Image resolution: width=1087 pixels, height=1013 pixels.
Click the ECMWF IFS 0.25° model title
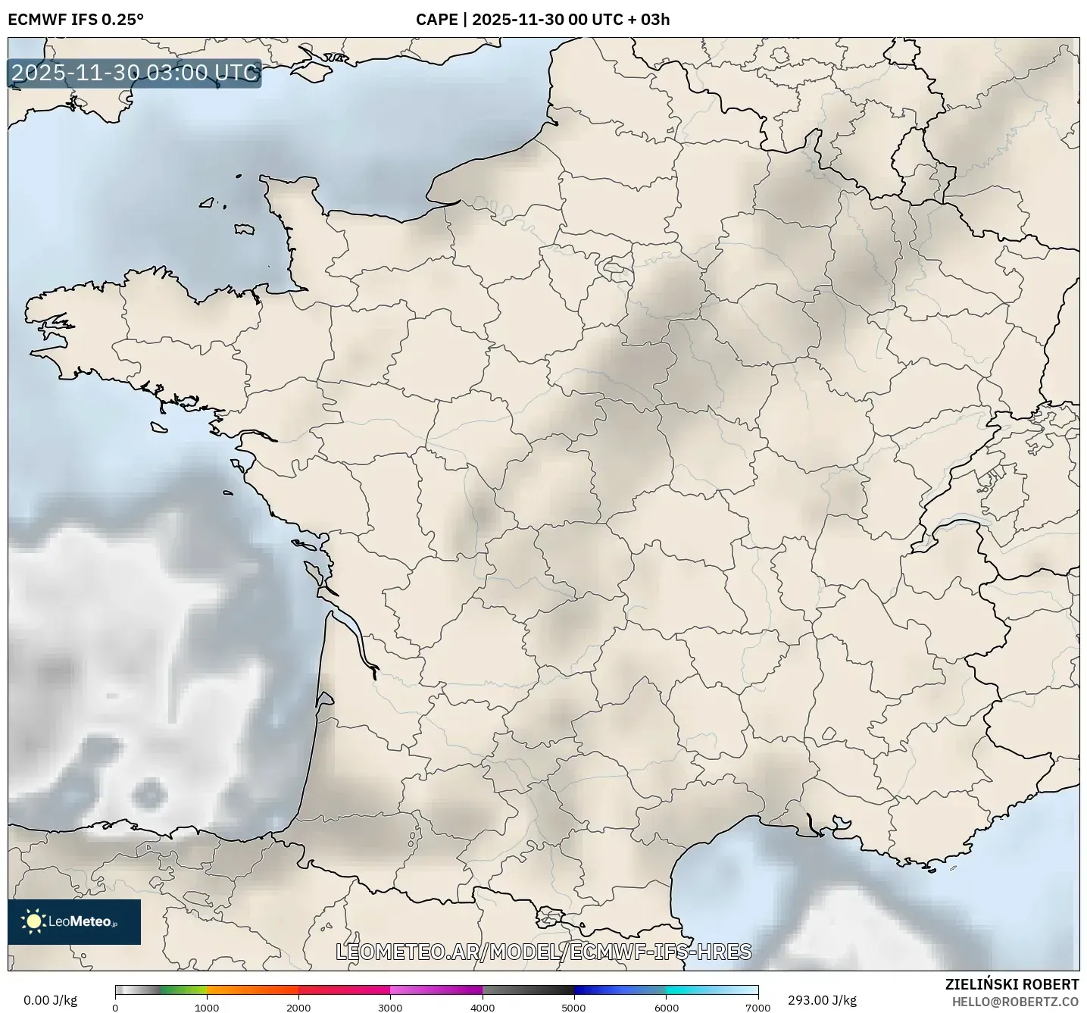tap(76, 20)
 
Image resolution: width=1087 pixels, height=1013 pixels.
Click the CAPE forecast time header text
tap(542, 20)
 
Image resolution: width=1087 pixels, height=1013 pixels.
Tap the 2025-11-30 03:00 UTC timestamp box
tap(135, 73)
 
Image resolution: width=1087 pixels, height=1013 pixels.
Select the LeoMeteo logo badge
tap(74, 921)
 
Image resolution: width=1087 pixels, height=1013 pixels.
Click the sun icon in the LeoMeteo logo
tap(33, 921)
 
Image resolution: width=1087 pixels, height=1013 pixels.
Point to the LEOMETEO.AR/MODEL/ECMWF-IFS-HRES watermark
tap(543, 952)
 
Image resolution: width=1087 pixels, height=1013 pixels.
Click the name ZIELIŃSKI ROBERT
tap(1012, 984)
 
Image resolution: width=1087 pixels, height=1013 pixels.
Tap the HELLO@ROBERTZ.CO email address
tap(1015, 1002)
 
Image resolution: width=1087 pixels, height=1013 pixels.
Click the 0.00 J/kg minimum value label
tap(51, 1000)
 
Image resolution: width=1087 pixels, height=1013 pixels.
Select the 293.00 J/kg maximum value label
tap(822, 1000)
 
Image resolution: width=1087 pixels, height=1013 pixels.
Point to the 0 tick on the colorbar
tap(115, 1008)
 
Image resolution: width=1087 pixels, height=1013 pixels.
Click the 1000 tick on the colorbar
tap(207, 1008)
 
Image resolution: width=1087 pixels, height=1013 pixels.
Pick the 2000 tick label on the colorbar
tap(298, 1008)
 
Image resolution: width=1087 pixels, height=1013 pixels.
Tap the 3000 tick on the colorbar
tap(390, 1008)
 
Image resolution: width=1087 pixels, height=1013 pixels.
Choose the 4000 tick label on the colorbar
tap(483, 1008)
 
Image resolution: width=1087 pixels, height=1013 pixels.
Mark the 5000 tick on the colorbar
tap(574, 1008)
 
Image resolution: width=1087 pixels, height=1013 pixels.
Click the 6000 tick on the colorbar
tap(666, 1008)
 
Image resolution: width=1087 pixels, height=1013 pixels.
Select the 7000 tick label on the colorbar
tap(757, 1008)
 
